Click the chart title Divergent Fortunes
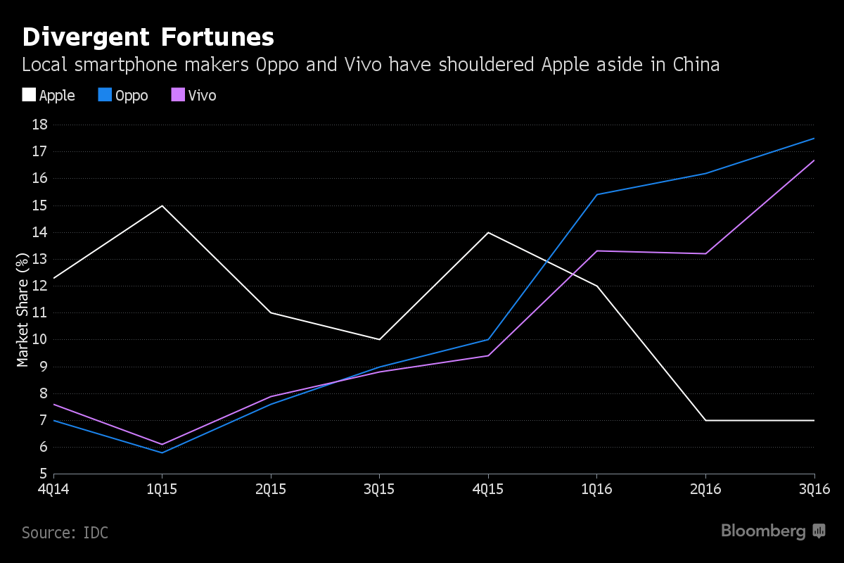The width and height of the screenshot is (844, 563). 148,37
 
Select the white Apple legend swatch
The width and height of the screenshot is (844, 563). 29,95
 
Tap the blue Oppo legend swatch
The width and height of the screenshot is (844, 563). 104,95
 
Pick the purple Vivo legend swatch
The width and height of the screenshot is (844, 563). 178,95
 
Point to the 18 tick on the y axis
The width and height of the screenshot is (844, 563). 39,125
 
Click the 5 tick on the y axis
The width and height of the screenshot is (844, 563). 43,474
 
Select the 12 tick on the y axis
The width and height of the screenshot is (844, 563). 39,286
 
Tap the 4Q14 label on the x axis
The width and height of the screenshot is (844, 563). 54,488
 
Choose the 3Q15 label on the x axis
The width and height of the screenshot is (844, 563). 380,488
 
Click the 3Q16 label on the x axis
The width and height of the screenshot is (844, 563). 814,488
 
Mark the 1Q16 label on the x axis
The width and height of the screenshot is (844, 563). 596,488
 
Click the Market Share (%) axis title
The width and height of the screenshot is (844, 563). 23,310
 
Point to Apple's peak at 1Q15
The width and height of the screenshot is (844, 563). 162,205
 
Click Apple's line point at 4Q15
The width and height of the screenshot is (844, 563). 488,232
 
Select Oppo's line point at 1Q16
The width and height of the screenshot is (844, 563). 596,194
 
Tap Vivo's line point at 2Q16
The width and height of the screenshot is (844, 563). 705,253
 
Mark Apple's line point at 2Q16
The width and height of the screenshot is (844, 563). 705,420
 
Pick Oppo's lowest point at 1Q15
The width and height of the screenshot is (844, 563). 162,453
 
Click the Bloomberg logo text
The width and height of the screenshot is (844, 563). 763,531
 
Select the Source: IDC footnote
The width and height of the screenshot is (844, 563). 65,533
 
